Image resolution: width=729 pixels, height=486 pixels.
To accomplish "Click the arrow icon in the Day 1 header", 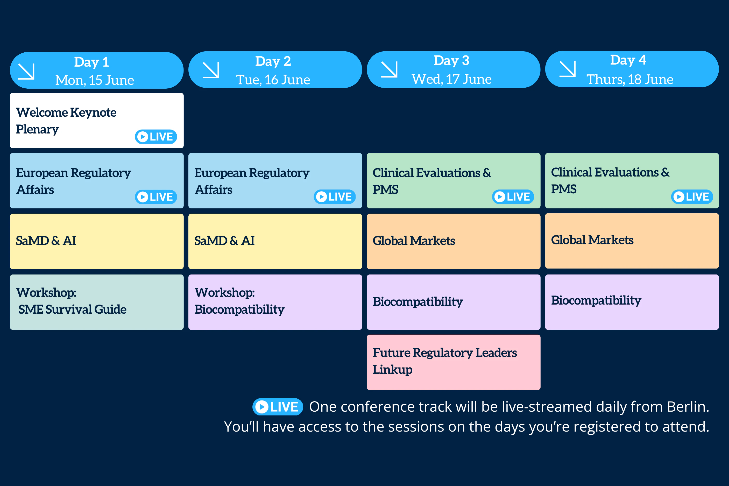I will coord(26,71).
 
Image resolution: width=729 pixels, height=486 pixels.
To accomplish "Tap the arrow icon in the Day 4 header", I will coord(567,69).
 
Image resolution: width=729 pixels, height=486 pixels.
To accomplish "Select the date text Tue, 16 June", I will coord(273,80).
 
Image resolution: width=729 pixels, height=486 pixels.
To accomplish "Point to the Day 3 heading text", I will coord(451,60).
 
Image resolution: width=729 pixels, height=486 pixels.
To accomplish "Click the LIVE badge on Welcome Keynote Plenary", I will coord(156,137).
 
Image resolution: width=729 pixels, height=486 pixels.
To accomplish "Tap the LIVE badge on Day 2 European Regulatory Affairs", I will coord(335,197).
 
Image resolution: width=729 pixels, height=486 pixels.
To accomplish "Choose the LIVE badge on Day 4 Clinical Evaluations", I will coord(692,197).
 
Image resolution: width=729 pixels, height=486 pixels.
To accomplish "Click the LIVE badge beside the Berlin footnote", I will coord(278,407).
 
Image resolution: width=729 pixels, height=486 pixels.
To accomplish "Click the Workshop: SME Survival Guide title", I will coord(71,301).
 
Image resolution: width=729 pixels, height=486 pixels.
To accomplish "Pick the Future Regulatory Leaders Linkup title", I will coord(445,361).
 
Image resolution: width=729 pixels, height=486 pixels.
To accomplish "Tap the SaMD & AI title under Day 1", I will coord(46,241).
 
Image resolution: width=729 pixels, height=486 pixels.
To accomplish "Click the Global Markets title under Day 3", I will coord(414,241).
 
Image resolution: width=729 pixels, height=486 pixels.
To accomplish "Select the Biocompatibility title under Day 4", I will coord(596,300).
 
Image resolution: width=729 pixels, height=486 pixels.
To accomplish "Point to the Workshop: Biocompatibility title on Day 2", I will coord(239,301).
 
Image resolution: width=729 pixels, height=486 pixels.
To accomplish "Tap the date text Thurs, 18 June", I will coord(629,80).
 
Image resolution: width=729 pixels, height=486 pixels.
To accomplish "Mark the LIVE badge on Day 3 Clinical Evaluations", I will coord(513,197).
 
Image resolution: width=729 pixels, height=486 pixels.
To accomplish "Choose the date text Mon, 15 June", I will coord(95,80).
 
